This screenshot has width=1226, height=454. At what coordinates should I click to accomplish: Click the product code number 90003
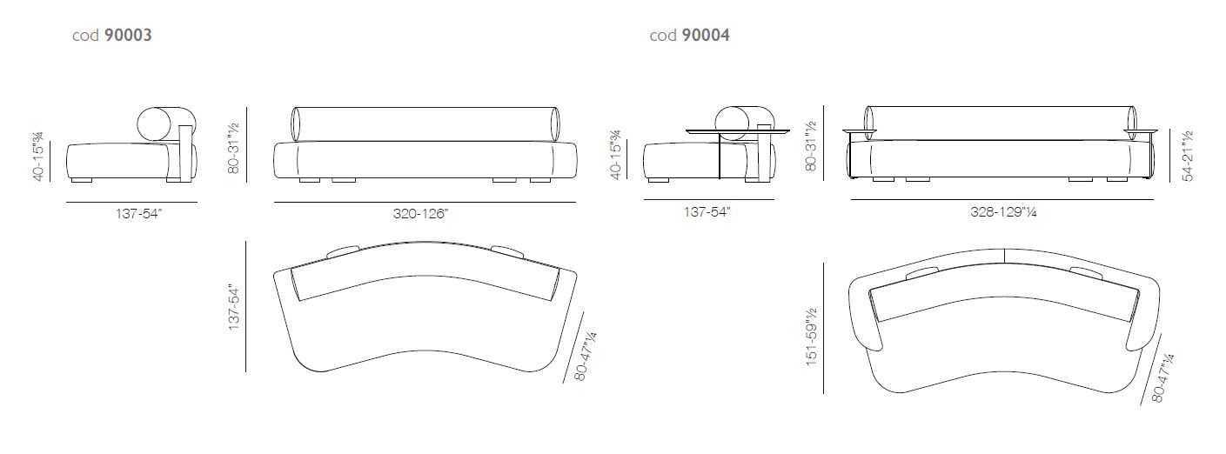click(x=128, y=35)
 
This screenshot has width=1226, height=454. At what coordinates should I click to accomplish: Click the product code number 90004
click(x=706, y=35)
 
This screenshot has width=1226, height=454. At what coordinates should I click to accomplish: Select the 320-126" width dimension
click(x=420, y=213)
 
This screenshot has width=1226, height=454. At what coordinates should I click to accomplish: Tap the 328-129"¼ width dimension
click(x=1003, y=211)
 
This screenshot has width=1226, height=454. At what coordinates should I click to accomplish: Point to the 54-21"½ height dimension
click(x=1187, y=156)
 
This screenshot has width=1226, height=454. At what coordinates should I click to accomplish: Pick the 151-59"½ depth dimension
click(x=811, y=337)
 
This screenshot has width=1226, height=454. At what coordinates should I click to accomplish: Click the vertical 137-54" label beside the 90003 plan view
click(x=234, y=307)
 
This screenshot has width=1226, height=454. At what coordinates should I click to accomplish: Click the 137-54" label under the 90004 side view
click(x=707, y=211)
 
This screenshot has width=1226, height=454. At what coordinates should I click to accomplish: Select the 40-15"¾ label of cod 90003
click(x=38, y=157)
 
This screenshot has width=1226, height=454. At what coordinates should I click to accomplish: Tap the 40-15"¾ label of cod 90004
click(x=616, y=154)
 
